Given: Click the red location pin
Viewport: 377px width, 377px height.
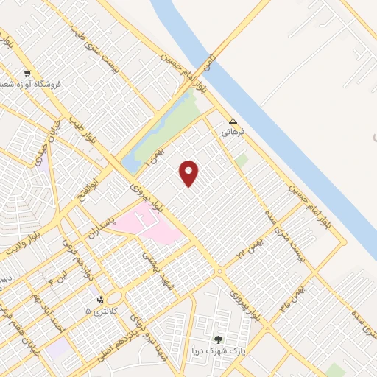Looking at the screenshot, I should point(190,173).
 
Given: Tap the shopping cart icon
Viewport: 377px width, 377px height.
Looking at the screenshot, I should point(27,74).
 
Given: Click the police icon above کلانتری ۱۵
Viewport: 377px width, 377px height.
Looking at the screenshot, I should point(99,299).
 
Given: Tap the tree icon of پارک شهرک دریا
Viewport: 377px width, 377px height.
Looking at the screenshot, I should point(217,339).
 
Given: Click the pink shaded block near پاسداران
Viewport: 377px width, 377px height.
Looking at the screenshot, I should point(151,225).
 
